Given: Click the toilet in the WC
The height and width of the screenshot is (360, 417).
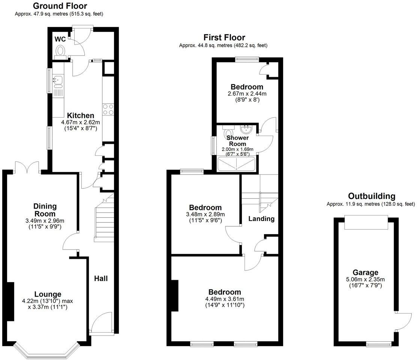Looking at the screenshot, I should tap(59, 51).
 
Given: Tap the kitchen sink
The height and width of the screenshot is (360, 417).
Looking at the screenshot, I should tap(57, 79).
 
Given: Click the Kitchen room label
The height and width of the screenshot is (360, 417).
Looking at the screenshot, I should tap(80, 115).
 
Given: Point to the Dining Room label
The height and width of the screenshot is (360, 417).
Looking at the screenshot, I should tap(45, 210).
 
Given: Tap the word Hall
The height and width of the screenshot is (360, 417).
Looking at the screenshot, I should tap(101, 278).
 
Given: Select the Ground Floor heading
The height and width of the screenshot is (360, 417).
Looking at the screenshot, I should tap(60, 6).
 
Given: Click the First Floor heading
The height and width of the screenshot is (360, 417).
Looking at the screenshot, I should tap(224, 37).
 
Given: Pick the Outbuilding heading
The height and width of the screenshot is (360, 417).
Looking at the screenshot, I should tap(371, 196).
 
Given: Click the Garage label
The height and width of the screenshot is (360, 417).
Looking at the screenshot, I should tap(365, 272).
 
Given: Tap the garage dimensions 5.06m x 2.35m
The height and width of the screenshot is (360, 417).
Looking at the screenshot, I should tap(365, 279).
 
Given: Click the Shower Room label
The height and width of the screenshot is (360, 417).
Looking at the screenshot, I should tap(237, 141).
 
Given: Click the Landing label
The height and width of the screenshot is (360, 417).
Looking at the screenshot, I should tap(261, 219).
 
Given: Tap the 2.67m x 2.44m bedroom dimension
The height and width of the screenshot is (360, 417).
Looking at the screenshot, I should tap(247, 94).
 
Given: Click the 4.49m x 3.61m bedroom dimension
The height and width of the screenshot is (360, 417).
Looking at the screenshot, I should tap(225, 299).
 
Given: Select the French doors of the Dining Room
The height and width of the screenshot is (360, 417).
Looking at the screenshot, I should tap(27, 167).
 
